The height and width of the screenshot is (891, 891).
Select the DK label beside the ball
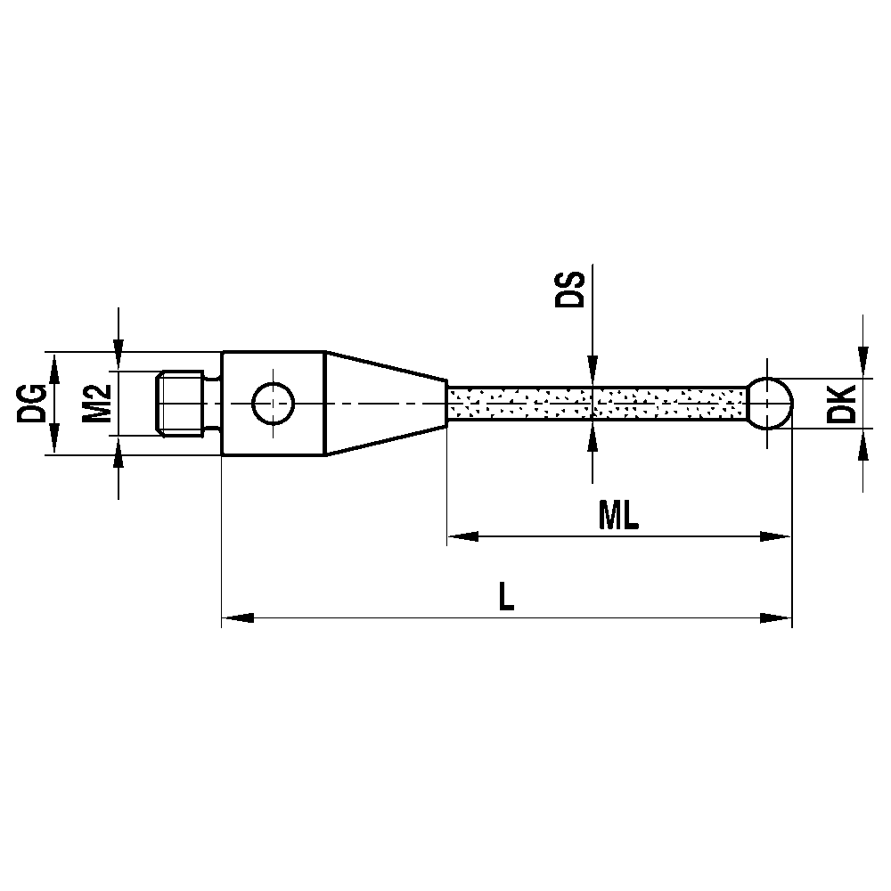[x=840, y=404]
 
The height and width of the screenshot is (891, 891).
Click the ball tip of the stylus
[x=769, y=404]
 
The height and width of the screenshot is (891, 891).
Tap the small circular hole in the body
[x=273, y=404]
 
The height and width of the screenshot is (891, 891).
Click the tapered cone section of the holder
[x=383, y=404]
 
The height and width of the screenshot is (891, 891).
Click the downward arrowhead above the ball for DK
[x=862, y=362]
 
